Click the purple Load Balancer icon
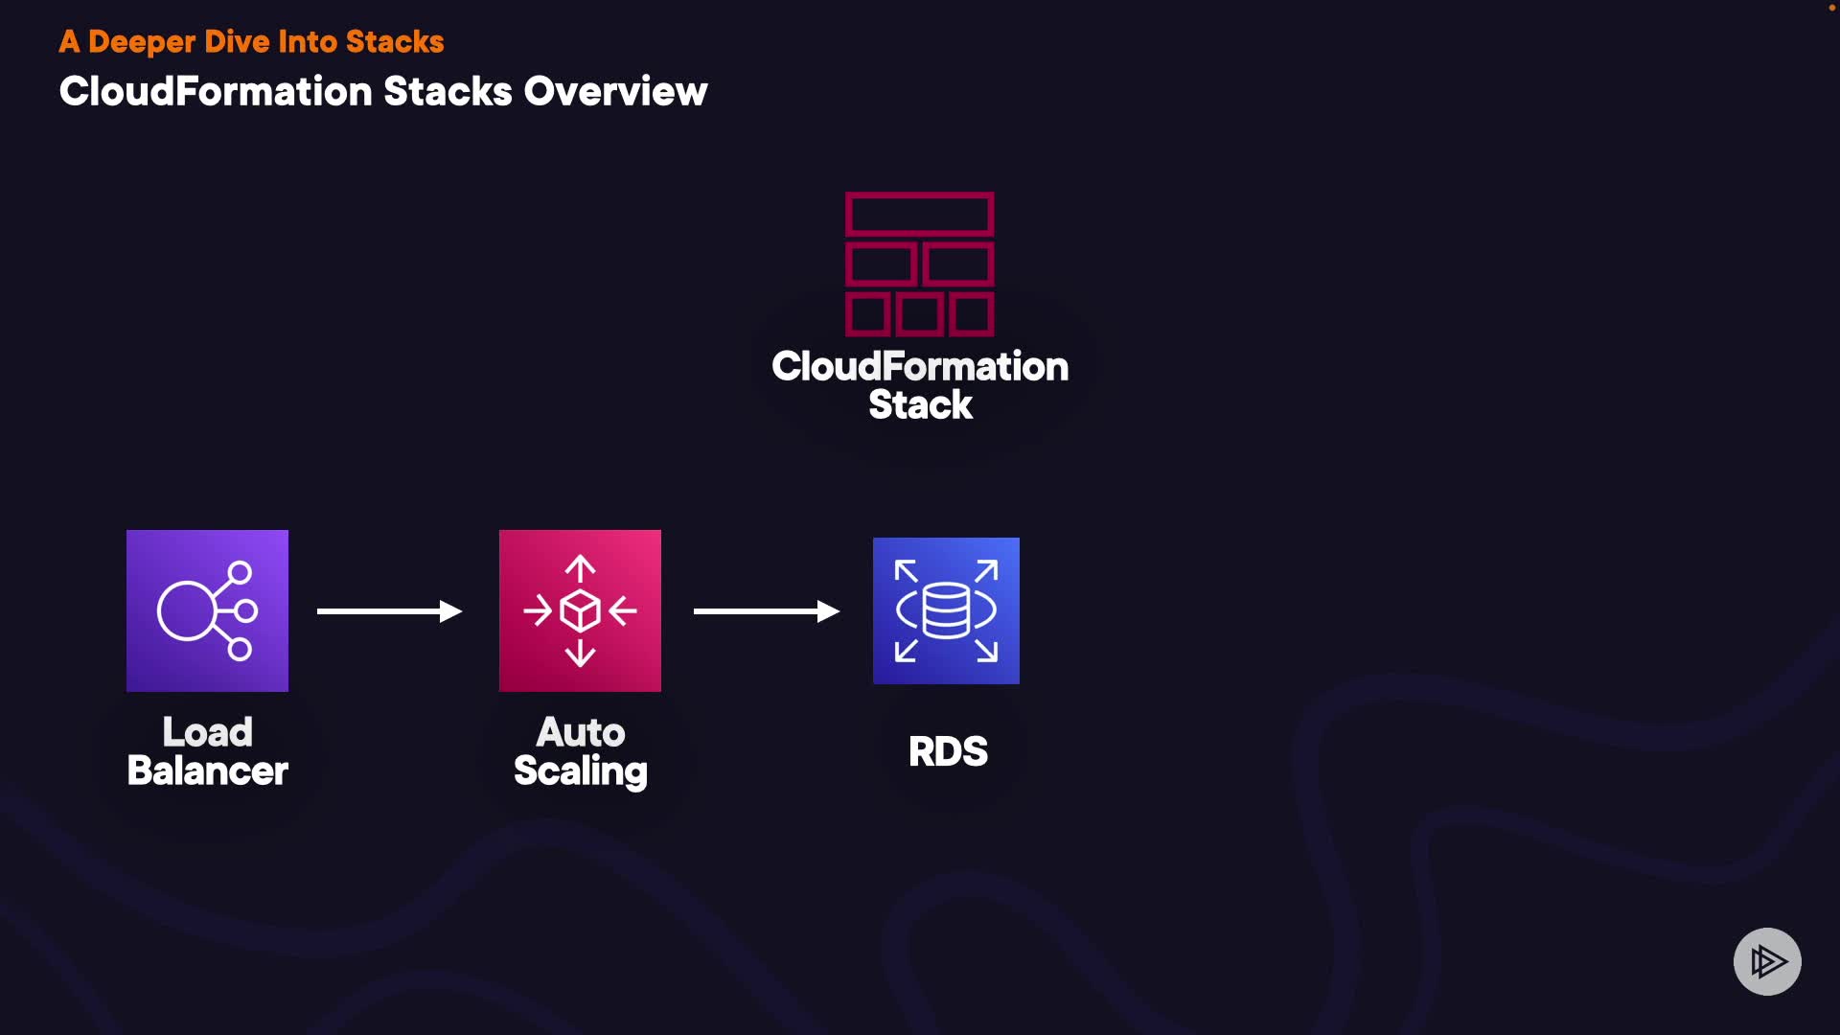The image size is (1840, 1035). [x=207, y=610]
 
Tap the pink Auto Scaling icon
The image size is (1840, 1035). [x=580, y=610]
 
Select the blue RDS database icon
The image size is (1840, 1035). [x=946, y=610]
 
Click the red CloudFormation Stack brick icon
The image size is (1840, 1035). [x=919, y=264]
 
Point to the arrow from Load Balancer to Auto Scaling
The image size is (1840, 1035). [x=389, y=611]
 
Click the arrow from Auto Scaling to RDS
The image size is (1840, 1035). [x=766, y=611]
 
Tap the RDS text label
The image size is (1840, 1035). [x=948, y=751]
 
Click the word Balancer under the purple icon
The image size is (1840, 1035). [x=207, y=771]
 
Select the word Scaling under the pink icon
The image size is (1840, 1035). [x=580, y=771]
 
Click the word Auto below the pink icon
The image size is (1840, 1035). [x=580, y=733]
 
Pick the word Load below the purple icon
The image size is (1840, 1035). [x=207, y=733]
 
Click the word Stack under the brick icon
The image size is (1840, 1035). [x=920, y=405]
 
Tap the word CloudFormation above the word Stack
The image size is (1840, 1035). [x=920, y=367]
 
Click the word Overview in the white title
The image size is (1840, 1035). [x=615, y=92]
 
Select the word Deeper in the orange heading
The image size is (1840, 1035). [x=142, y=42]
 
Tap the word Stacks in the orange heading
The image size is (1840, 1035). [x=395, y=42]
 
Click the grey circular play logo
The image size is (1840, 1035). [x=1767, y=961]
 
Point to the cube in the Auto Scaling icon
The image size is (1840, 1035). [x=580, y=610]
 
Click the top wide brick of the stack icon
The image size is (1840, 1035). [x=919, y=215]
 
